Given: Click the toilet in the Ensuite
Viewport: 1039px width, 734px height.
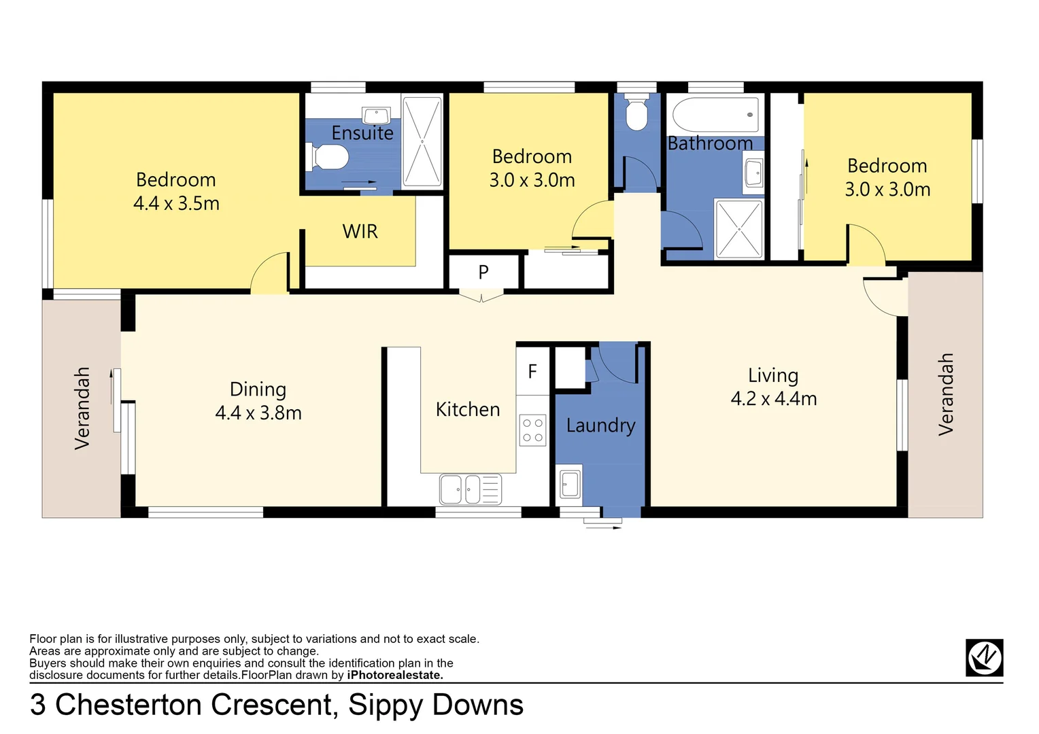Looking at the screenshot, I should [x=328, y=157].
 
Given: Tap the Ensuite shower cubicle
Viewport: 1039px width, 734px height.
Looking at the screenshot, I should [x=422, y=142].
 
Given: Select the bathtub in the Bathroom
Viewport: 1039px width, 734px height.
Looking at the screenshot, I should [x=715, y=115].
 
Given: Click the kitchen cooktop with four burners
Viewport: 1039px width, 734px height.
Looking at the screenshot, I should [x=533, y=430].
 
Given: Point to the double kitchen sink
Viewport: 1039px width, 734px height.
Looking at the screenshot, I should [x=470, y=489].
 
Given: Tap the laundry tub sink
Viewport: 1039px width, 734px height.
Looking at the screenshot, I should [x=570, y=484].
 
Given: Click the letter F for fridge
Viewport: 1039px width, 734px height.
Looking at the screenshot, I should [x=532, y=371].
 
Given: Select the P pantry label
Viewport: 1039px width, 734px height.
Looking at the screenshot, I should [x=483, y=273].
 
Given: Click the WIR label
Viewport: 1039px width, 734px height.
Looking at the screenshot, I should [x=360, y=232].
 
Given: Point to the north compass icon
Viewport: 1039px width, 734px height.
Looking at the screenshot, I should [x=984, y=657].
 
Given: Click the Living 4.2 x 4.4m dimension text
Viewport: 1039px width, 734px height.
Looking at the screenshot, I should [x=774, y=399].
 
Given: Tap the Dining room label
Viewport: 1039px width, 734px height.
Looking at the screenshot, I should [x=258, y=389].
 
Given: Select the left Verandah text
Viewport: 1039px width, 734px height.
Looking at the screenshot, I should [x=82, y=408].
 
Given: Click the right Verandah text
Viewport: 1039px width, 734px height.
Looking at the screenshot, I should [x=946, y=394].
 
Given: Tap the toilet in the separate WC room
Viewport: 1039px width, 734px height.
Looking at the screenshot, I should [x=636, y=114].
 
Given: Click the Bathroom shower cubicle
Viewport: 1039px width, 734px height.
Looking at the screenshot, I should [x=739, y=229].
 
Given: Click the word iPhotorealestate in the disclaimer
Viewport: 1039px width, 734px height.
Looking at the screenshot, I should [x=395, y=675].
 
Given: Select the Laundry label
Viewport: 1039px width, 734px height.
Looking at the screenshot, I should [x=600, y=425].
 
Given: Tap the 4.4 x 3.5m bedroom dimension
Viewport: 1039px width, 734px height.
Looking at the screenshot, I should [x=176, y=203].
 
